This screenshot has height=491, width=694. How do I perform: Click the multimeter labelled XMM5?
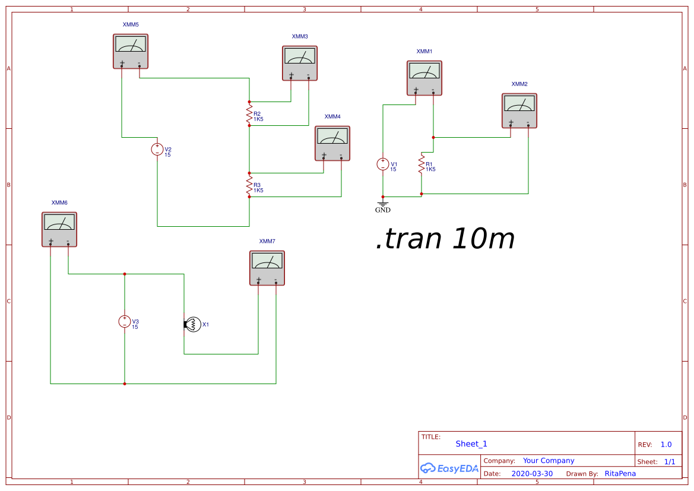click(130, 51)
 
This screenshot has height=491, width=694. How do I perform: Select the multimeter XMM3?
click(299, 63)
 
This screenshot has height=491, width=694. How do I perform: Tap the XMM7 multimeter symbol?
click(267, 268)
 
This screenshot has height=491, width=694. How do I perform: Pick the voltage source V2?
click(157, 149)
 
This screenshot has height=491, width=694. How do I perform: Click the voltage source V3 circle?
click(125, 321)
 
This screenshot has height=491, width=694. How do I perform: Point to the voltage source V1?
click(383, 164)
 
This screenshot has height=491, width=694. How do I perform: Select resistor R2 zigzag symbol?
click(249, 113)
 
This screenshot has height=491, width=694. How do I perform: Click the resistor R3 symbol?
click(249, 185)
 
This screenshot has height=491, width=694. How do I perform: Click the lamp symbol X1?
click(192, 324)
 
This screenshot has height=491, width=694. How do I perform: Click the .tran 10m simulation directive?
click(445, 239)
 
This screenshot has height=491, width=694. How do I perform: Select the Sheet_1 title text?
click(471, 444)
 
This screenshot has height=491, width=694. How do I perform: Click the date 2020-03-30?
click(531, 474)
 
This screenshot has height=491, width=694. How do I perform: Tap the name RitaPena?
click(620, 474)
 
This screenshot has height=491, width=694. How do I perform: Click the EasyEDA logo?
click(449, 468)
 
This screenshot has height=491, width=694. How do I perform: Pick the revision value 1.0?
click(666, 445)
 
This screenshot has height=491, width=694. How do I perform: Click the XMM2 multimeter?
click(519, 110)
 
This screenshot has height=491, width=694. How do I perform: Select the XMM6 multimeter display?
click(59, 223)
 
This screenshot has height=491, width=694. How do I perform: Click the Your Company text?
click(549, 461)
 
